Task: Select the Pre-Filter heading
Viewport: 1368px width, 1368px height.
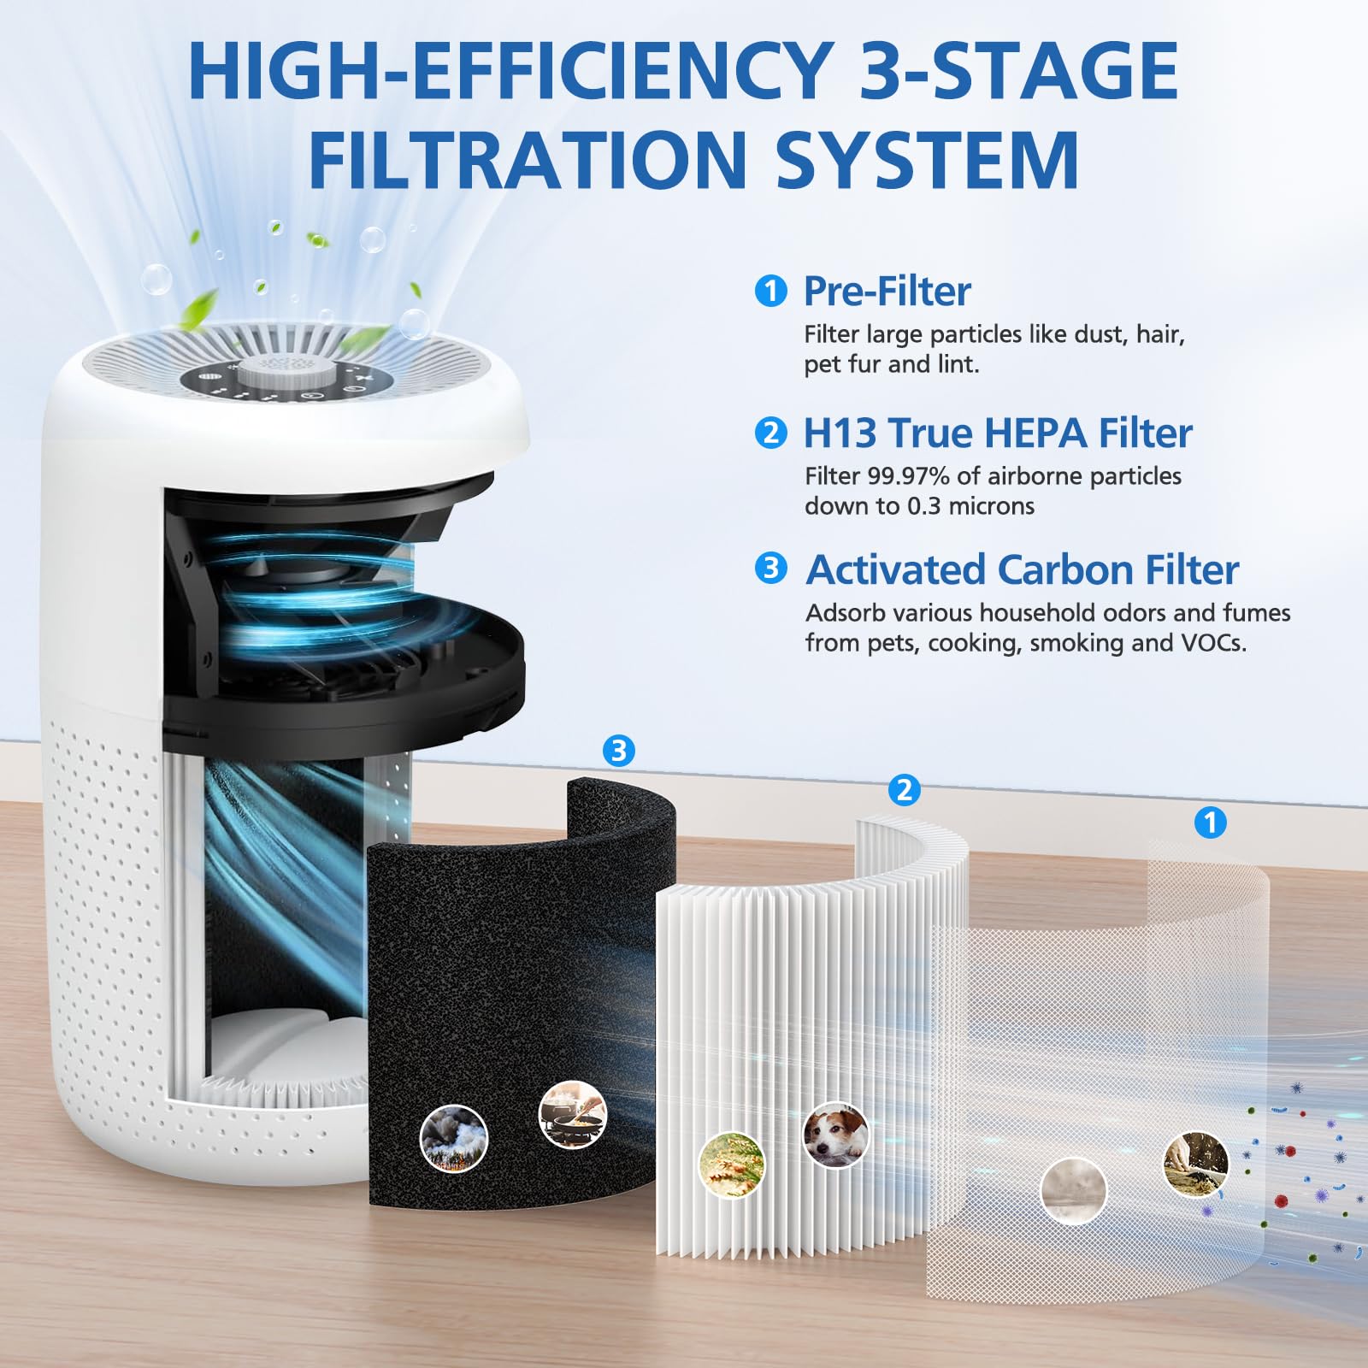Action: [887, 292]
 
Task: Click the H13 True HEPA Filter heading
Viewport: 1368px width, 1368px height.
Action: [997, 433]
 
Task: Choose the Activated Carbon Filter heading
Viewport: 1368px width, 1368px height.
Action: [1022, 570]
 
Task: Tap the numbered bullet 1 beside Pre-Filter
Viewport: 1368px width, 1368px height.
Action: [770, 292]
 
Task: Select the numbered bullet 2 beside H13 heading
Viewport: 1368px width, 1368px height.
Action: [770, 433]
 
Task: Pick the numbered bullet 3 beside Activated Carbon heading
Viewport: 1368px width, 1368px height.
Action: [770, 569]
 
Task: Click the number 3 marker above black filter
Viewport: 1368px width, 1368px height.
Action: [618, 751]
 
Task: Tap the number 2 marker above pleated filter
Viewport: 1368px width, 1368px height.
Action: [905, 790]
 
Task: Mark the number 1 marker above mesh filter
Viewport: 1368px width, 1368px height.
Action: [1210, 823]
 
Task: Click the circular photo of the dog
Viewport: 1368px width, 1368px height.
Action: [836, 1135]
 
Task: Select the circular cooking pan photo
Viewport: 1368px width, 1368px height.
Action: [572, 1114]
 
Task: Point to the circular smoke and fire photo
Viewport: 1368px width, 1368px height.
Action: [454, 1138]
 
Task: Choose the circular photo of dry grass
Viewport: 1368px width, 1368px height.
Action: [732, 1165]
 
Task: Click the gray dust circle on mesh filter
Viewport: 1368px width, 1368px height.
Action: [1073, 1191]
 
